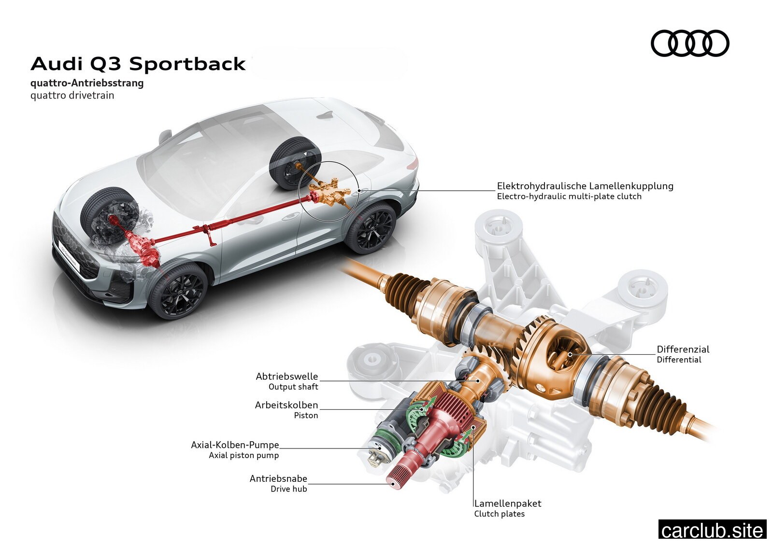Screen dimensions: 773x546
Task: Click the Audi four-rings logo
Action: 690,43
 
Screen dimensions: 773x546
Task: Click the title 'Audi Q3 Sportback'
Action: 138,64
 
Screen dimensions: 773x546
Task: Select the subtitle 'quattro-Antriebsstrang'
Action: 87,83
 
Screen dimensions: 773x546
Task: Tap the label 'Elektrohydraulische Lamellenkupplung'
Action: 585,186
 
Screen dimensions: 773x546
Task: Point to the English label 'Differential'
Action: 679,360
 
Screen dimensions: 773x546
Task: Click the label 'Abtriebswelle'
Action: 287,376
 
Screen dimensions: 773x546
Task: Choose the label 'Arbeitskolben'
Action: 286,405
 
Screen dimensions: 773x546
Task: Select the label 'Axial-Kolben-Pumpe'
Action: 235,445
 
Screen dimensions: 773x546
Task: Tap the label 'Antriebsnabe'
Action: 278,479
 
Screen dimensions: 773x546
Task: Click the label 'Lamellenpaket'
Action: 508,504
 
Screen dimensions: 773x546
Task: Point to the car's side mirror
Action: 165,136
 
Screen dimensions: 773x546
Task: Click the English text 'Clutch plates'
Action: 500,514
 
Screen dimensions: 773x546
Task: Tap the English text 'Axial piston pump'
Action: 243,455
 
